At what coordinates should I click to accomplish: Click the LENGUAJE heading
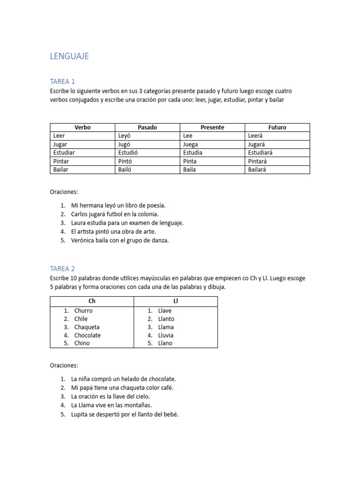(69, 57)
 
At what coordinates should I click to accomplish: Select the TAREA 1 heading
(62, 81)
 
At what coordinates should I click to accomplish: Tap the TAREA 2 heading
(62, 269)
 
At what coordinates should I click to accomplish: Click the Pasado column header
(147, 127)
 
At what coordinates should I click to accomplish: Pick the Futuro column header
(277, 127)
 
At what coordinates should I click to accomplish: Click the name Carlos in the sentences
(80, 214)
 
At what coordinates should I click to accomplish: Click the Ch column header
(92, 301)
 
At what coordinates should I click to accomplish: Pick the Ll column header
(175, 301)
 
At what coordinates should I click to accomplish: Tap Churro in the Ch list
(83, 310)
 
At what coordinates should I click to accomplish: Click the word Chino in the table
(82, 343)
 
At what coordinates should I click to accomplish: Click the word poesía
(156, 205)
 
